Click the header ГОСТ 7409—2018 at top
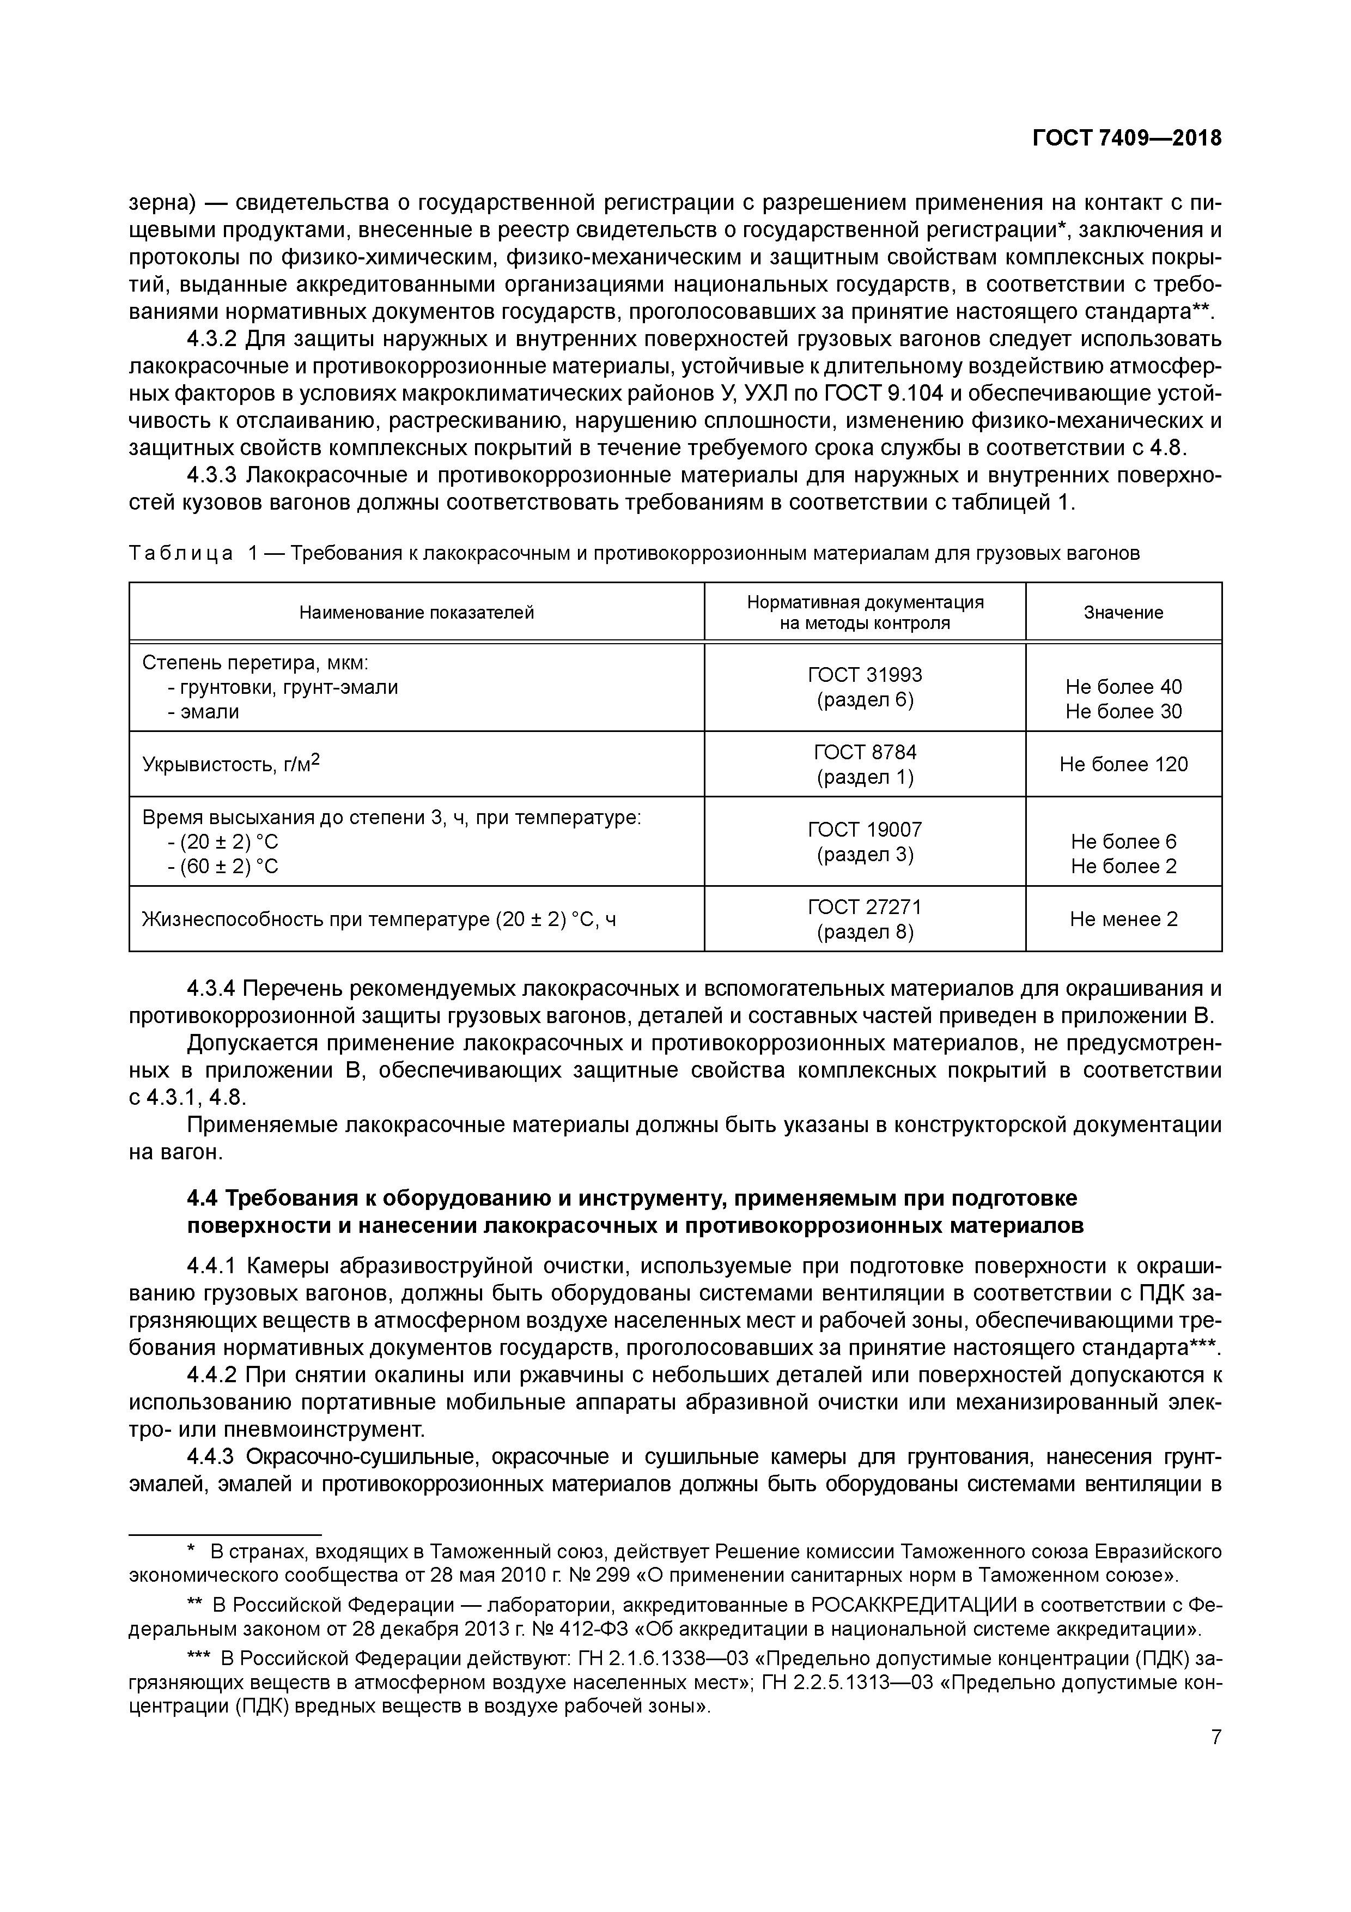pyautogui.click(x=1126, y=137)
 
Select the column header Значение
pyautogui.click(x=1123, y=612)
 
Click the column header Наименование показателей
pyautogui.click(x=416, y=612)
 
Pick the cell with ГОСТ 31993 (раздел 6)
pyautogui.click(x=865, y=687)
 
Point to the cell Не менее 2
pyautogui.click(x=1123, y=918)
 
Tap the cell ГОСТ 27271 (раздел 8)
pyautogui.click(x=865, y=918)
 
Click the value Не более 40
pyautogui.click(x=1123, y=687)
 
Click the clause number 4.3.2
pyautogui.click(x=212, y=340)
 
